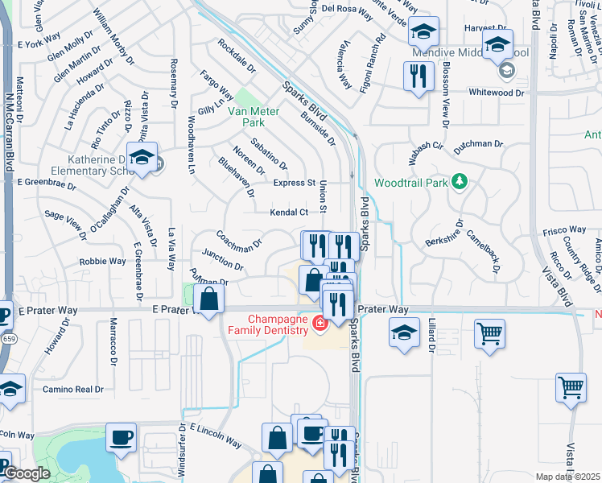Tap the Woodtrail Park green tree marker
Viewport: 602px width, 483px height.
pyautogui.click(x=460, y=183)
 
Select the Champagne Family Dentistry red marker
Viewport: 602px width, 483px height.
pyautogui.click(x=320, y=324)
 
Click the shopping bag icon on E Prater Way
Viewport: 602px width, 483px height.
pyautogui.click(x=209, y=299)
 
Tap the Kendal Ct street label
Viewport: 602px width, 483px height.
pyautogui.click(x=289, y=213)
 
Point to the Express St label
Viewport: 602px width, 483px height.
pyautogui.click(x=294, y=183)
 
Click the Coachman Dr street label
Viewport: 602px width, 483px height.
pyautogui.click(x=239, y=239)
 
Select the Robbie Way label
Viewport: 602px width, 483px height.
pyautogui.click(x=101, y=262)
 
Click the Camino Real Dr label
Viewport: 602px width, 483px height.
pyautogui.click(x=75, y=389)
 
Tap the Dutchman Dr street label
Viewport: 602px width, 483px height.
pyautogui.click(x=478, y=145)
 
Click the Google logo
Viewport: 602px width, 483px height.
pyautogui.click(x=27, y=473)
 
